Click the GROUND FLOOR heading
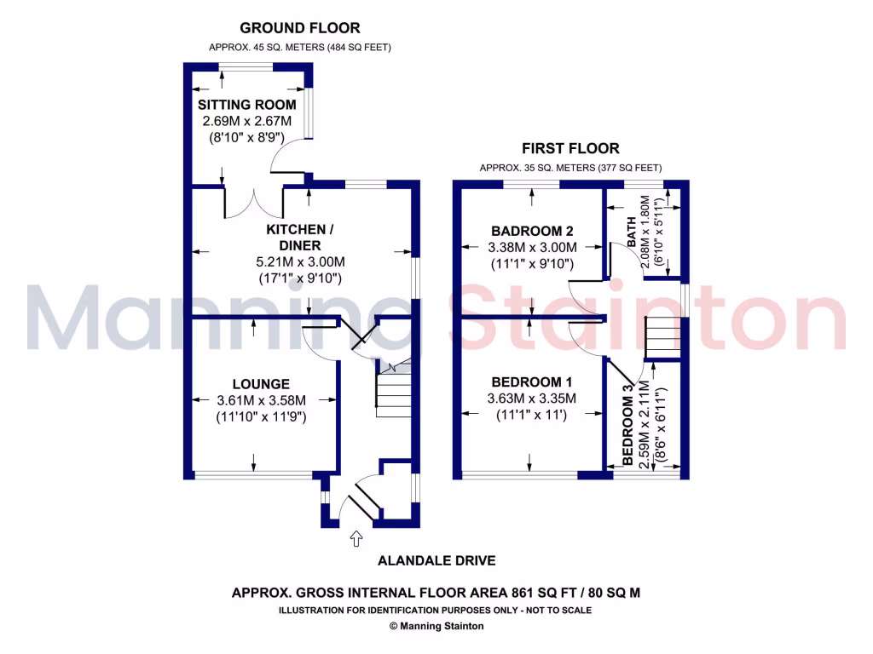click(x=299, y=28)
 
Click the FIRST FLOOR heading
click(x=570, y=148)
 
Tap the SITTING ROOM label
click(x=247, y=105)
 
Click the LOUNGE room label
click(x=261, y=384)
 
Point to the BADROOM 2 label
click(x=532, y=231)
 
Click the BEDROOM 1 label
click(x=531, y=382)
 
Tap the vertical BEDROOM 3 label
click(x=628, y=425)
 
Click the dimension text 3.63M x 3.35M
click(x=532, y=399)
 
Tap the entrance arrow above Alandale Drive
click(x=356, y=538)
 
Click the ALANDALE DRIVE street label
click(x=436, y=560)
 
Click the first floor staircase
click(x=662, y=338)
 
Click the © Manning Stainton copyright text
click(x=436, y=626)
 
